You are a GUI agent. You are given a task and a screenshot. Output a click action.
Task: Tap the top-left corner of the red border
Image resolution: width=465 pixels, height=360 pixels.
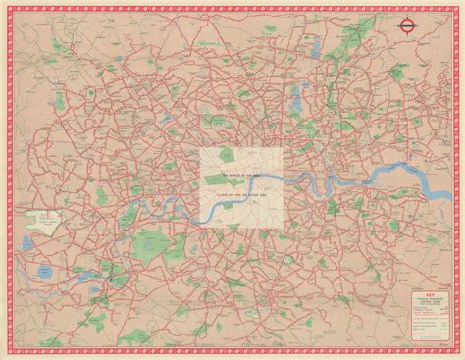coord(7,7)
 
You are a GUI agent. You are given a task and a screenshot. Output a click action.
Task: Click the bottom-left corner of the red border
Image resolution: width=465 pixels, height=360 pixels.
coord(7,353)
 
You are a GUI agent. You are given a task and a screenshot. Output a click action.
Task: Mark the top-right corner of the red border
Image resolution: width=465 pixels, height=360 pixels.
coord(458,7)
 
